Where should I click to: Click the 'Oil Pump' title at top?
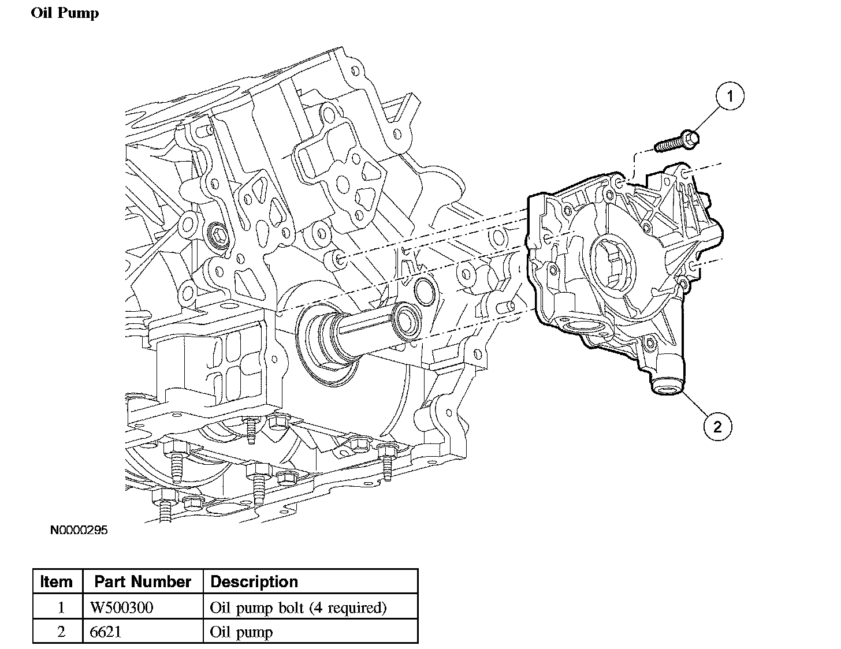coord(65,13)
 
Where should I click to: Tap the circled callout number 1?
coord(730,96)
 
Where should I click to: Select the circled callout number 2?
coord(717,427)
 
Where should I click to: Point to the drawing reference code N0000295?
coord(79,530)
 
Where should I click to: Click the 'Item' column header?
coord(57,581)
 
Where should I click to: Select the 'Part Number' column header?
coord(143,581)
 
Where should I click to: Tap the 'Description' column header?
coord(254,581)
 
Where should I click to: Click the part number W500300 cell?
coord(121,607)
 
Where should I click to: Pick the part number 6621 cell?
coord(105,632)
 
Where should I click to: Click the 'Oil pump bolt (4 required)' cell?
coord(299,608)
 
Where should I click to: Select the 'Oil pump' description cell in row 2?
coord(241,633)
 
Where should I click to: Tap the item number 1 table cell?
coord(61,607)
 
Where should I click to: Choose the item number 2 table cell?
coord(61,632)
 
